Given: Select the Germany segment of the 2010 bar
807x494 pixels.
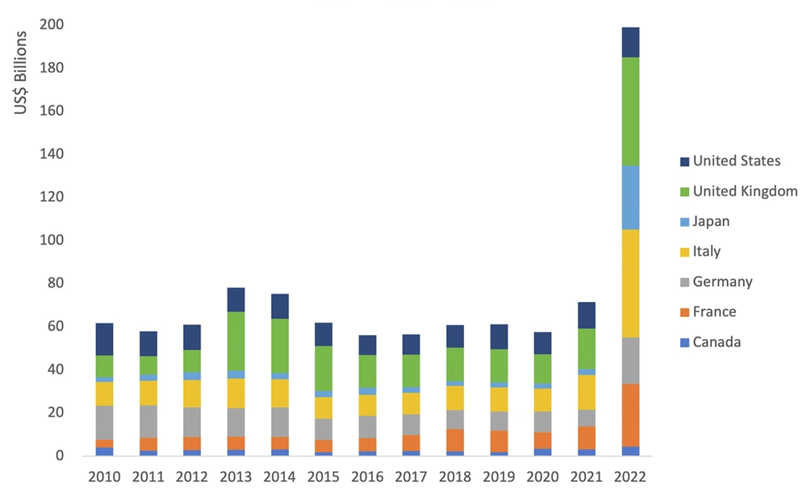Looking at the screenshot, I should (104, 423).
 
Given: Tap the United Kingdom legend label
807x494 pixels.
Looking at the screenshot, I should (745, 191).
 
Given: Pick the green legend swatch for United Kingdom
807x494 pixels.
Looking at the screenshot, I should (684, 191).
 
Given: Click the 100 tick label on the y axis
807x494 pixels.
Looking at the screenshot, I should (59, 241).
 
